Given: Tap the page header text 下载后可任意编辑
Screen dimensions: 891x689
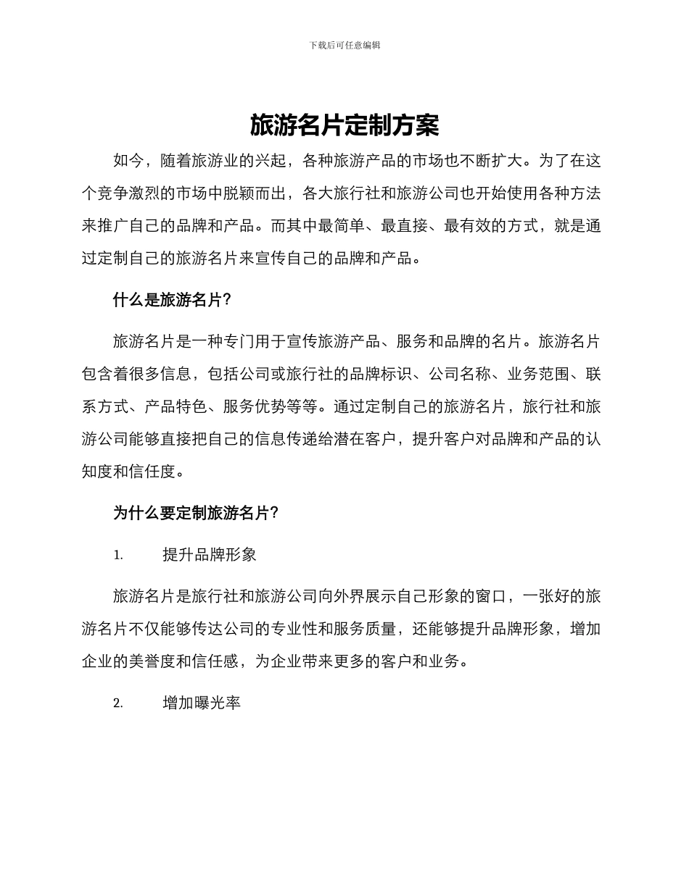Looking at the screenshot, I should pyautogui.click(x=344, y=45).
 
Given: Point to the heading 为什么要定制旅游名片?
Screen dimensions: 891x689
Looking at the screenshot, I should pyautogui.click(x=196, y=514).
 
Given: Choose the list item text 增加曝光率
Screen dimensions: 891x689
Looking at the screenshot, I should pyautogui.click(x=202, y=703).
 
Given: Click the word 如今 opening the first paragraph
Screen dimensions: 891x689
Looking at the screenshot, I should pyautogui.click(x=128, y=162).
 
